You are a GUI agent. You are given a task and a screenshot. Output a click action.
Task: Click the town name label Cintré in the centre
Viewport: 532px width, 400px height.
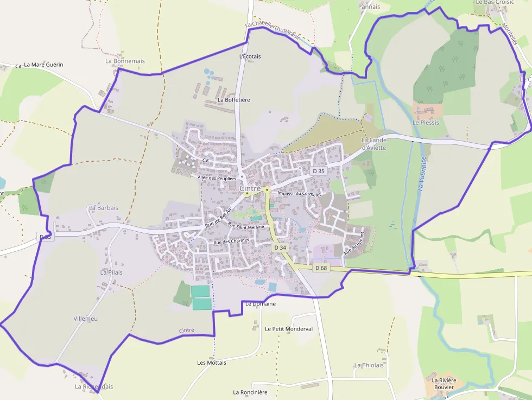pyautogui.click(x=250, y=188)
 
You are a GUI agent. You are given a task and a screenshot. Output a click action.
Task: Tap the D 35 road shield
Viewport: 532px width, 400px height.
pyautogui.click(x=319, y=171)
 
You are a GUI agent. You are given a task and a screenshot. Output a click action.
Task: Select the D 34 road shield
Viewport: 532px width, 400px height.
pyautogui.click(x=280, y=247)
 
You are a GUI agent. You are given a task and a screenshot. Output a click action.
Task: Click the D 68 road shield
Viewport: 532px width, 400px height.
pyautogui.click(x=321, y=268)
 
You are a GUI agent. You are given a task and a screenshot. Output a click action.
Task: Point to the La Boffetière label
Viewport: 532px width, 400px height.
pyautogui.click(x=233, y=100)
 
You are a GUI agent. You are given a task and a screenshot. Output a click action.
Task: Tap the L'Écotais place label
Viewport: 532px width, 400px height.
pyautogui.click(x=250, y=56)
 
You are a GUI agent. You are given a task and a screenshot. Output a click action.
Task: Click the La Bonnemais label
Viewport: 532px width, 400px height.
pyautogui.click(x=125, y=61)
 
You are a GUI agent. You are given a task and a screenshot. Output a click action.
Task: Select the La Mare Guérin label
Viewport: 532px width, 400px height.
pyautogui.click(x=43, y=65)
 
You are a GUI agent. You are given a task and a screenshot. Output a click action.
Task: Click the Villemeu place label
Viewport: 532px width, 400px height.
pyautogui.click(x=86, y=319)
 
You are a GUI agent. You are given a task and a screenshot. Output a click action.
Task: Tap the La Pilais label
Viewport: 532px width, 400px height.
pyautogui.click(x=111, y=272)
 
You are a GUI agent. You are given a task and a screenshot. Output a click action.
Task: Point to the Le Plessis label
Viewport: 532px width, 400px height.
pyautogui.click(x=425, y=123)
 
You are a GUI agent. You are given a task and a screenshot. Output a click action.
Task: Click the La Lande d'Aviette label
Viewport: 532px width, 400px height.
pyautogui.click(x=373, y=144)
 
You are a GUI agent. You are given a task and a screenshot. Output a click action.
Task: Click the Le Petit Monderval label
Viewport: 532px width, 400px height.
pyautogui.click(x=289, y=329)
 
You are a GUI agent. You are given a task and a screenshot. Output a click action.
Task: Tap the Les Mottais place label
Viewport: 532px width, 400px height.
pyautogui.click(x=212, y=362)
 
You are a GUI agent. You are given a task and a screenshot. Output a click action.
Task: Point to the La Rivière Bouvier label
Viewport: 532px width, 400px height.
pyautogui.click(x=446, y=384)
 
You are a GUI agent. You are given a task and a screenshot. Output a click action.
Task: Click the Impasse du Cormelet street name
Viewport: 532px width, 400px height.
pyautogui.click(x=299, y=194)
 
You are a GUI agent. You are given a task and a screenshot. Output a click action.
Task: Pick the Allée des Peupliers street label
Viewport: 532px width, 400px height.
pyautogui.click(x=217, y=178)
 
